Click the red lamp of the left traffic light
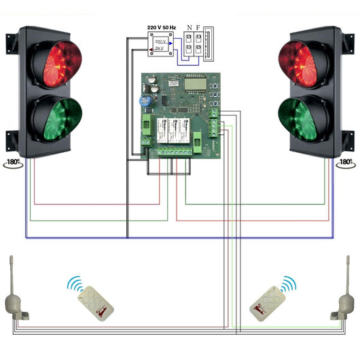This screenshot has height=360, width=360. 56,64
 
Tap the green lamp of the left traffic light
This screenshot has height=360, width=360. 56,118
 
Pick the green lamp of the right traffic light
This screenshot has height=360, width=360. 302,118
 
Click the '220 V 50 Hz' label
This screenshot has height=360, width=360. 162,28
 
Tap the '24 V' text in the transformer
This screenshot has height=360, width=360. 160,49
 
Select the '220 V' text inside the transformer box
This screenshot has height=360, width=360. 160,41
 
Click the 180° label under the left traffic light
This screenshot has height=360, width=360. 13,164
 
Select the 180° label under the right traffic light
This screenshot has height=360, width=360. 346,164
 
